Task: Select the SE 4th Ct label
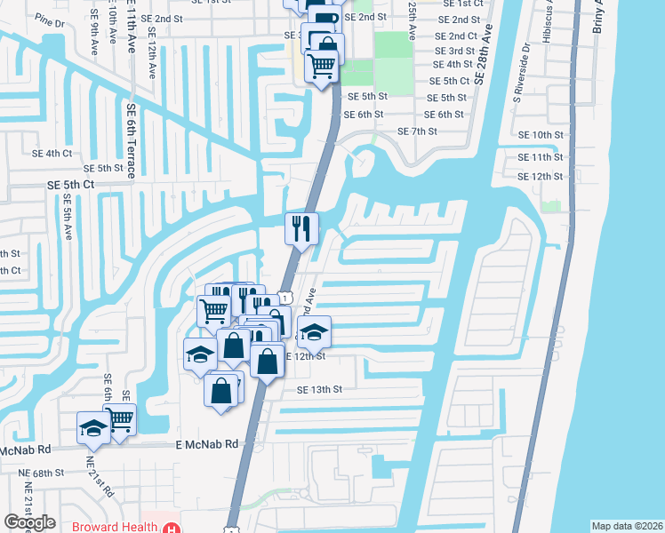tap(52, 153)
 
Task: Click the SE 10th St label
tap(541, 134)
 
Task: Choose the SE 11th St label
tap(541, 156)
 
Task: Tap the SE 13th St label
tap(319, 389)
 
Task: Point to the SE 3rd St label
tap(453, 51)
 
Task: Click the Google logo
tap(29, 522)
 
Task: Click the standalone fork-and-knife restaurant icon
tap(300, 228)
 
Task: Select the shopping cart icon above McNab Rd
tap(119, 418)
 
